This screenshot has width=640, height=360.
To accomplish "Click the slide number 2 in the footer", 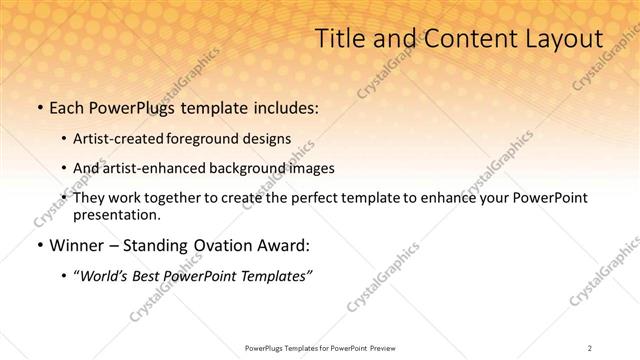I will [590, 347].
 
